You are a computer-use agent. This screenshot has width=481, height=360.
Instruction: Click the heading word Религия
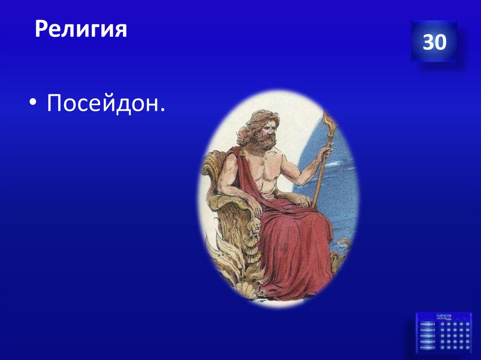point(81,31)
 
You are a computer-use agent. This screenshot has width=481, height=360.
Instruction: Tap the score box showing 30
point(434,41)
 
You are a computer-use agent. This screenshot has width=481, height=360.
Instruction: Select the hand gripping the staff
point(324,153)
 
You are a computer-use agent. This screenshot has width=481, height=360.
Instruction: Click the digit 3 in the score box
point(428,42)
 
